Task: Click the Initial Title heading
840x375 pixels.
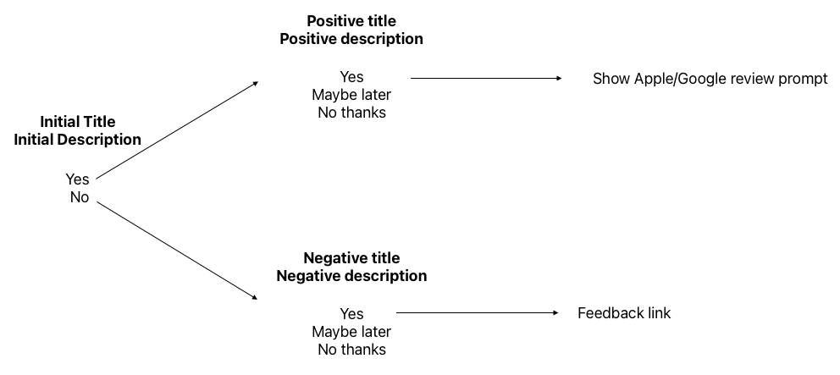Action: click(x=77, y=122)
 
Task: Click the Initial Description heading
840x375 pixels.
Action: click(x=77, y=140)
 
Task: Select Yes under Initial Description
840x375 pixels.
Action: click(x=77, y=179)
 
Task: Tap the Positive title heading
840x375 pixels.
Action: click(x=351, y=20)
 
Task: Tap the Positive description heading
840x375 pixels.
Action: click(x=351, y=39)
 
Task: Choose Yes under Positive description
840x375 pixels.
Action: click(x=351, y=78)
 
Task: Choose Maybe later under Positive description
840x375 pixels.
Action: click(x=351, y=95)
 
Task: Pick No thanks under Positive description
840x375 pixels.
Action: click(x=351, y=113)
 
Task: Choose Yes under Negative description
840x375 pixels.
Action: click(x=351, y=314)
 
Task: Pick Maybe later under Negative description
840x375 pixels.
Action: click(x=351, y=332)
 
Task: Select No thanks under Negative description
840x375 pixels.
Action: click(x=351, y=350)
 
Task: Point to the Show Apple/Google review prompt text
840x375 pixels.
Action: click(x=710, y=79)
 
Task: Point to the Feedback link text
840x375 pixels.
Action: click(x=624, y=313)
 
